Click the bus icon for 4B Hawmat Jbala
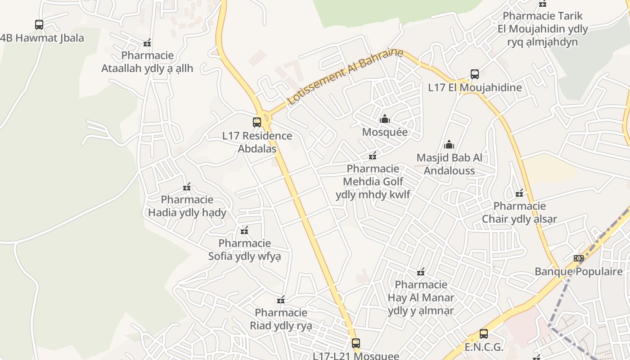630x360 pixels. pyautogui.click(x=39, y=24)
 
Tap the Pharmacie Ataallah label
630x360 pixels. pyautogui.click(x=147, y=62)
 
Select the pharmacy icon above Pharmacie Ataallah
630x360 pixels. pyautogui.click(x=147, y=43)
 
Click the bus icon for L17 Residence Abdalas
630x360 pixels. pyautogui.click(x=257, y=122)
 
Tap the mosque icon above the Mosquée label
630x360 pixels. pyautogui.click(x=385, y=119)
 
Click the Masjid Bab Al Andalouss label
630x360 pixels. pyautogui.click(x=449, y=164)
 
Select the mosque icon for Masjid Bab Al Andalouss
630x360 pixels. pyautogui.click(x=449, y=144)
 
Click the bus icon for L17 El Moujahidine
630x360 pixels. pyautogui.click(x=475, y=74)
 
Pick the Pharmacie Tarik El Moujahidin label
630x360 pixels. pyautogui.click(x=543, y=29)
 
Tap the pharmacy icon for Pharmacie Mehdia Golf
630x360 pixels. pyautogui.click(x=373, y=156)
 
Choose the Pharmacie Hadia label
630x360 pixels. pyautogui.click(x=187, y=206)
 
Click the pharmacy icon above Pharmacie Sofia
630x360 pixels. pyautogui.click(x=244, y=231)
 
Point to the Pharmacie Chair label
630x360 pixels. pyautogui.click(x=520, y=213)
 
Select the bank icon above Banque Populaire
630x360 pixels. pyautogui.click(x=579, y=258)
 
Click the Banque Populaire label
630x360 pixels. pyautogui.click(x=579, y=271)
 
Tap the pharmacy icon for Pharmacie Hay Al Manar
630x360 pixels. pyautogui.click(x=421, y=271)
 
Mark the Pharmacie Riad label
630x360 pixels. pyautogui.click(x=281, y=319)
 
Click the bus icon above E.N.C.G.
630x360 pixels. pyautogui.click(x=484, y=334)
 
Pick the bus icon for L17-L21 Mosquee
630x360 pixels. pyautogui.click(x=356, y=343)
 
